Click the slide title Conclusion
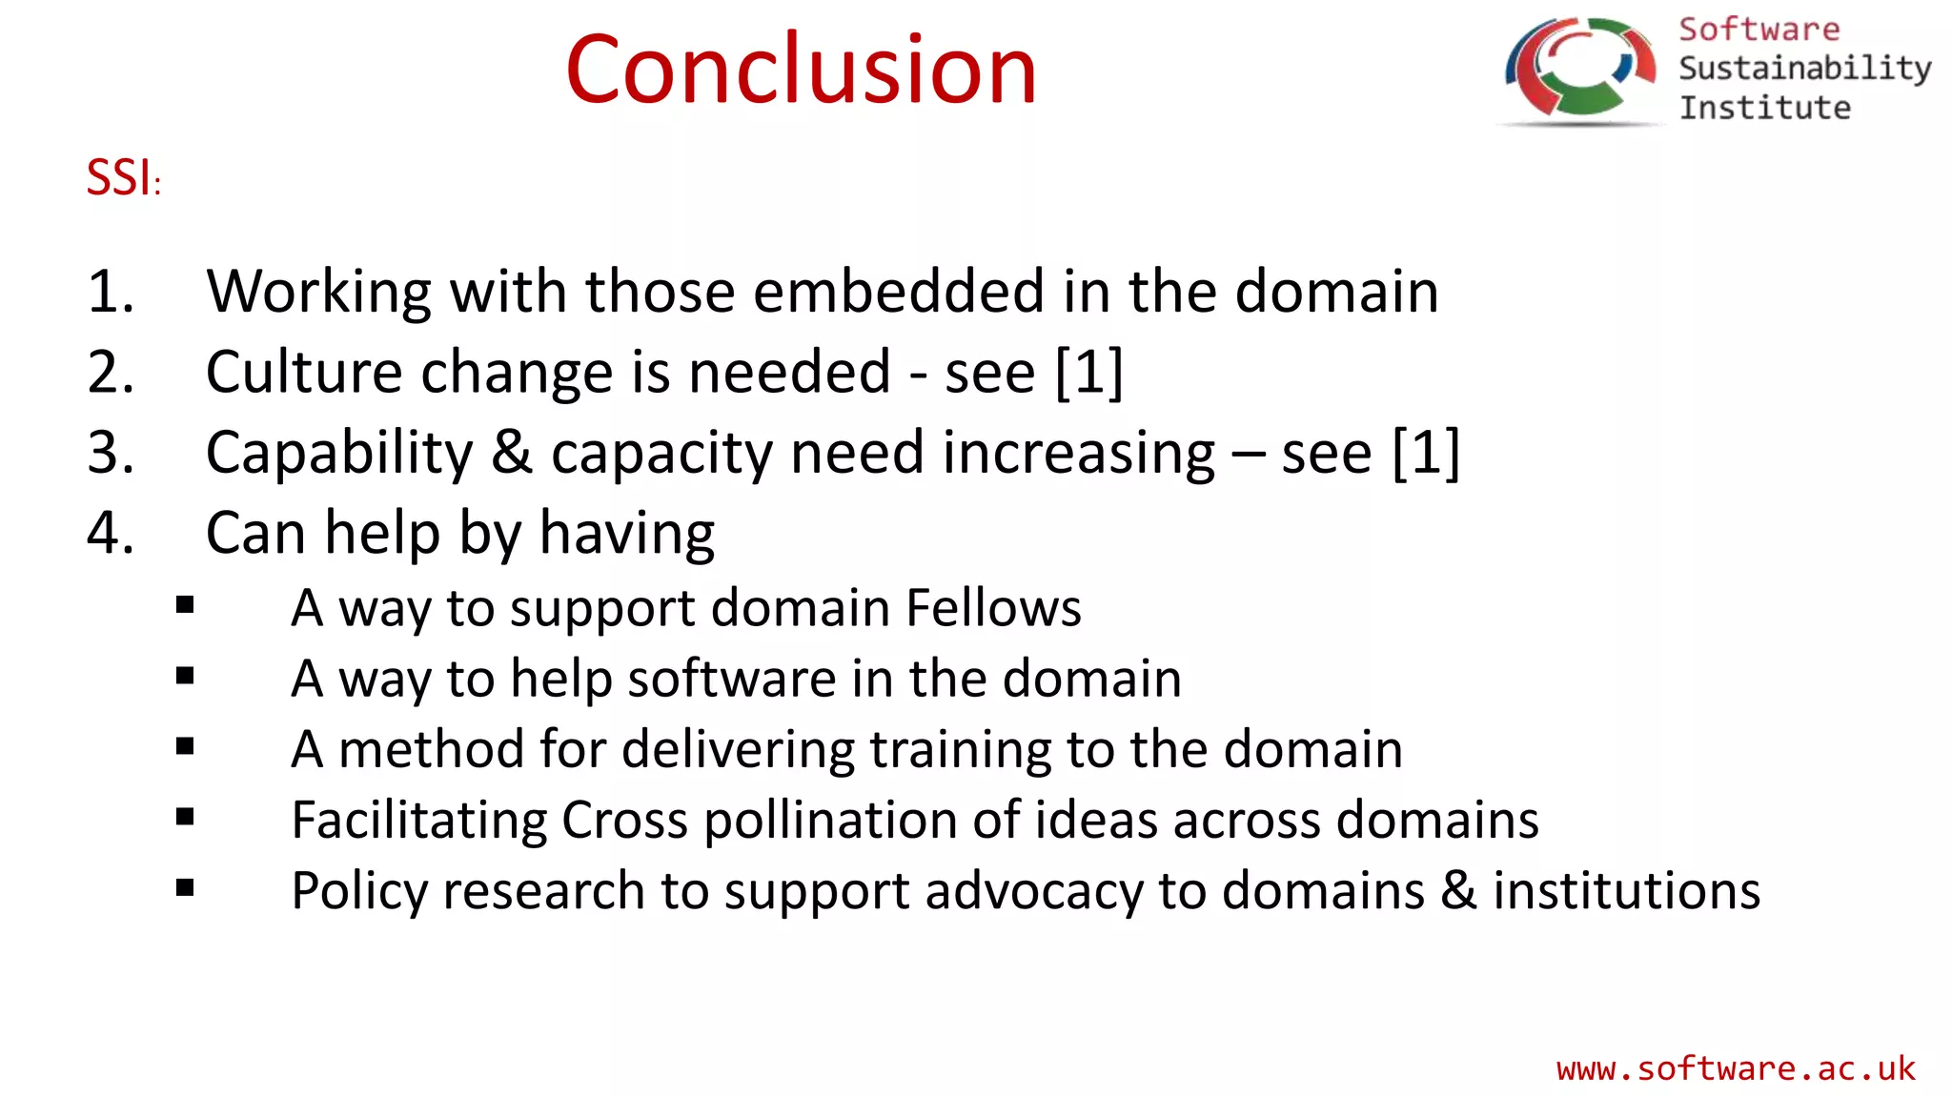pyautogui.click(x=801, y=69)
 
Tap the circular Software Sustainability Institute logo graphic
pyautogui.click(x=1579, y=71)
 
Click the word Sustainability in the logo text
pyautogui.click(x=1804, y=69)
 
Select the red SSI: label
pyautogui.click(x=123, y=177)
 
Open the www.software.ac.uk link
pyautogui.click(x=1735, y=1068)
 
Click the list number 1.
pyautogui.click(x=110, y=291)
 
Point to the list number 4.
pyautogui.click(x=110, y=532)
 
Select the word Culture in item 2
pyautogui.click(x=304, y=372)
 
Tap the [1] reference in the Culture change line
pyautogui.click(x=1089, y=372)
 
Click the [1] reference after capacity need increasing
pyautogui.click(x=1426, y=452)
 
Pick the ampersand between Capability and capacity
pyautogui.click(x=512, y=452)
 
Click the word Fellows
pyautogui.click(x=993, y=607)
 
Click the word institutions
pyautogui.click(x=1626, y=890)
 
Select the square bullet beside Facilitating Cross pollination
pyautogui.click(x=185, y=817)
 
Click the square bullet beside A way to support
pyautogui.click(x=185, y=604)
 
